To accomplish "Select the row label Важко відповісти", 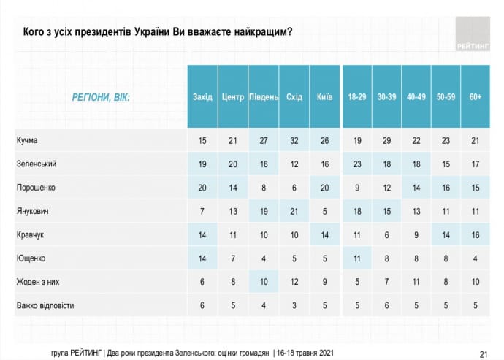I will coord(46,305).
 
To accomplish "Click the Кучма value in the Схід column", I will coord(294,140).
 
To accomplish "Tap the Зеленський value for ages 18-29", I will coord(356,164).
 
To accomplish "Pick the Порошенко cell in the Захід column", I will coord(202,188).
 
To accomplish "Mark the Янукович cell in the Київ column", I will coord(325,211).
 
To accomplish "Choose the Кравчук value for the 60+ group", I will coord(476,235).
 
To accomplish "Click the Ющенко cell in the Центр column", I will coord(233,258).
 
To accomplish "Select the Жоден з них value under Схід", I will coord(294,282).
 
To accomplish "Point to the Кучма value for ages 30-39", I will coord(386,140).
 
